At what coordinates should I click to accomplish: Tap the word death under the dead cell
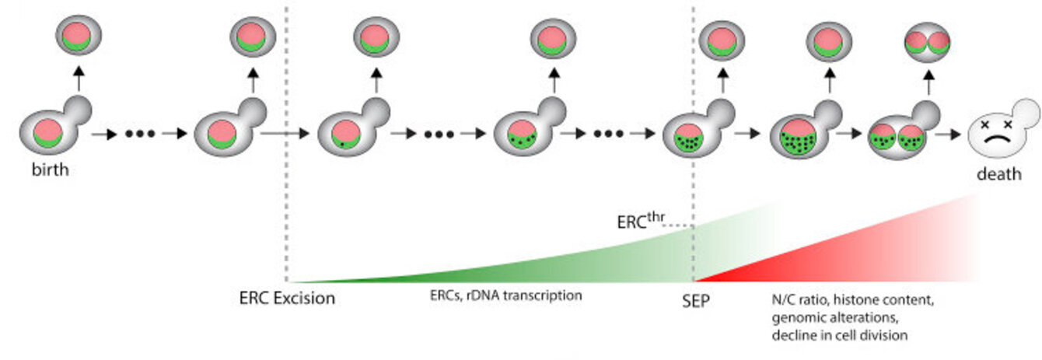(999, 173)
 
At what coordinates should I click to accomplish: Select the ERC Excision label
(287, 298)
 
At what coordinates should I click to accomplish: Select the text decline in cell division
(839, 335)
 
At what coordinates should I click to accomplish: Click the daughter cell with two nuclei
(927, 40)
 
